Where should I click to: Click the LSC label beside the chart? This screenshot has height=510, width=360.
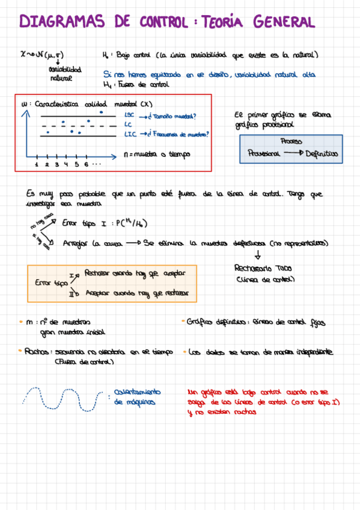click(x=129, y=115)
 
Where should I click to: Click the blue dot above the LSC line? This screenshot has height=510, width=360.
click(x=101, y=111)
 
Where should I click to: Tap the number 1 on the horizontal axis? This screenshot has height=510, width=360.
click(x=37, y=164)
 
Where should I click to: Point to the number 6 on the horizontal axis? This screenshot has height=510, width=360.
click(x=86, y=164)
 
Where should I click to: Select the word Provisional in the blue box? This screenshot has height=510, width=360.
click(x=264, y=154)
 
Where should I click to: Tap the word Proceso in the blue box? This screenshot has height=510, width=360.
click(x=291, y=142)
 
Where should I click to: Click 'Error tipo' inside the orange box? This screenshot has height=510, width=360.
click(x=51, y=282)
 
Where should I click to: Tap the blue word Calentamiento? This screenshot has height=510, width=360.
click(x=137, y=392)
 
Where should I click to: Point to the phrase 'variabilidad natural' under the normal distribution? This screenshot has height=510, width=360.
click(x=60, y=73)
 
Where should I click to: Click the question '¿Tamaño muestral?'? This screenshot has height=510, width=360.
click(x=173, y=115)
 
